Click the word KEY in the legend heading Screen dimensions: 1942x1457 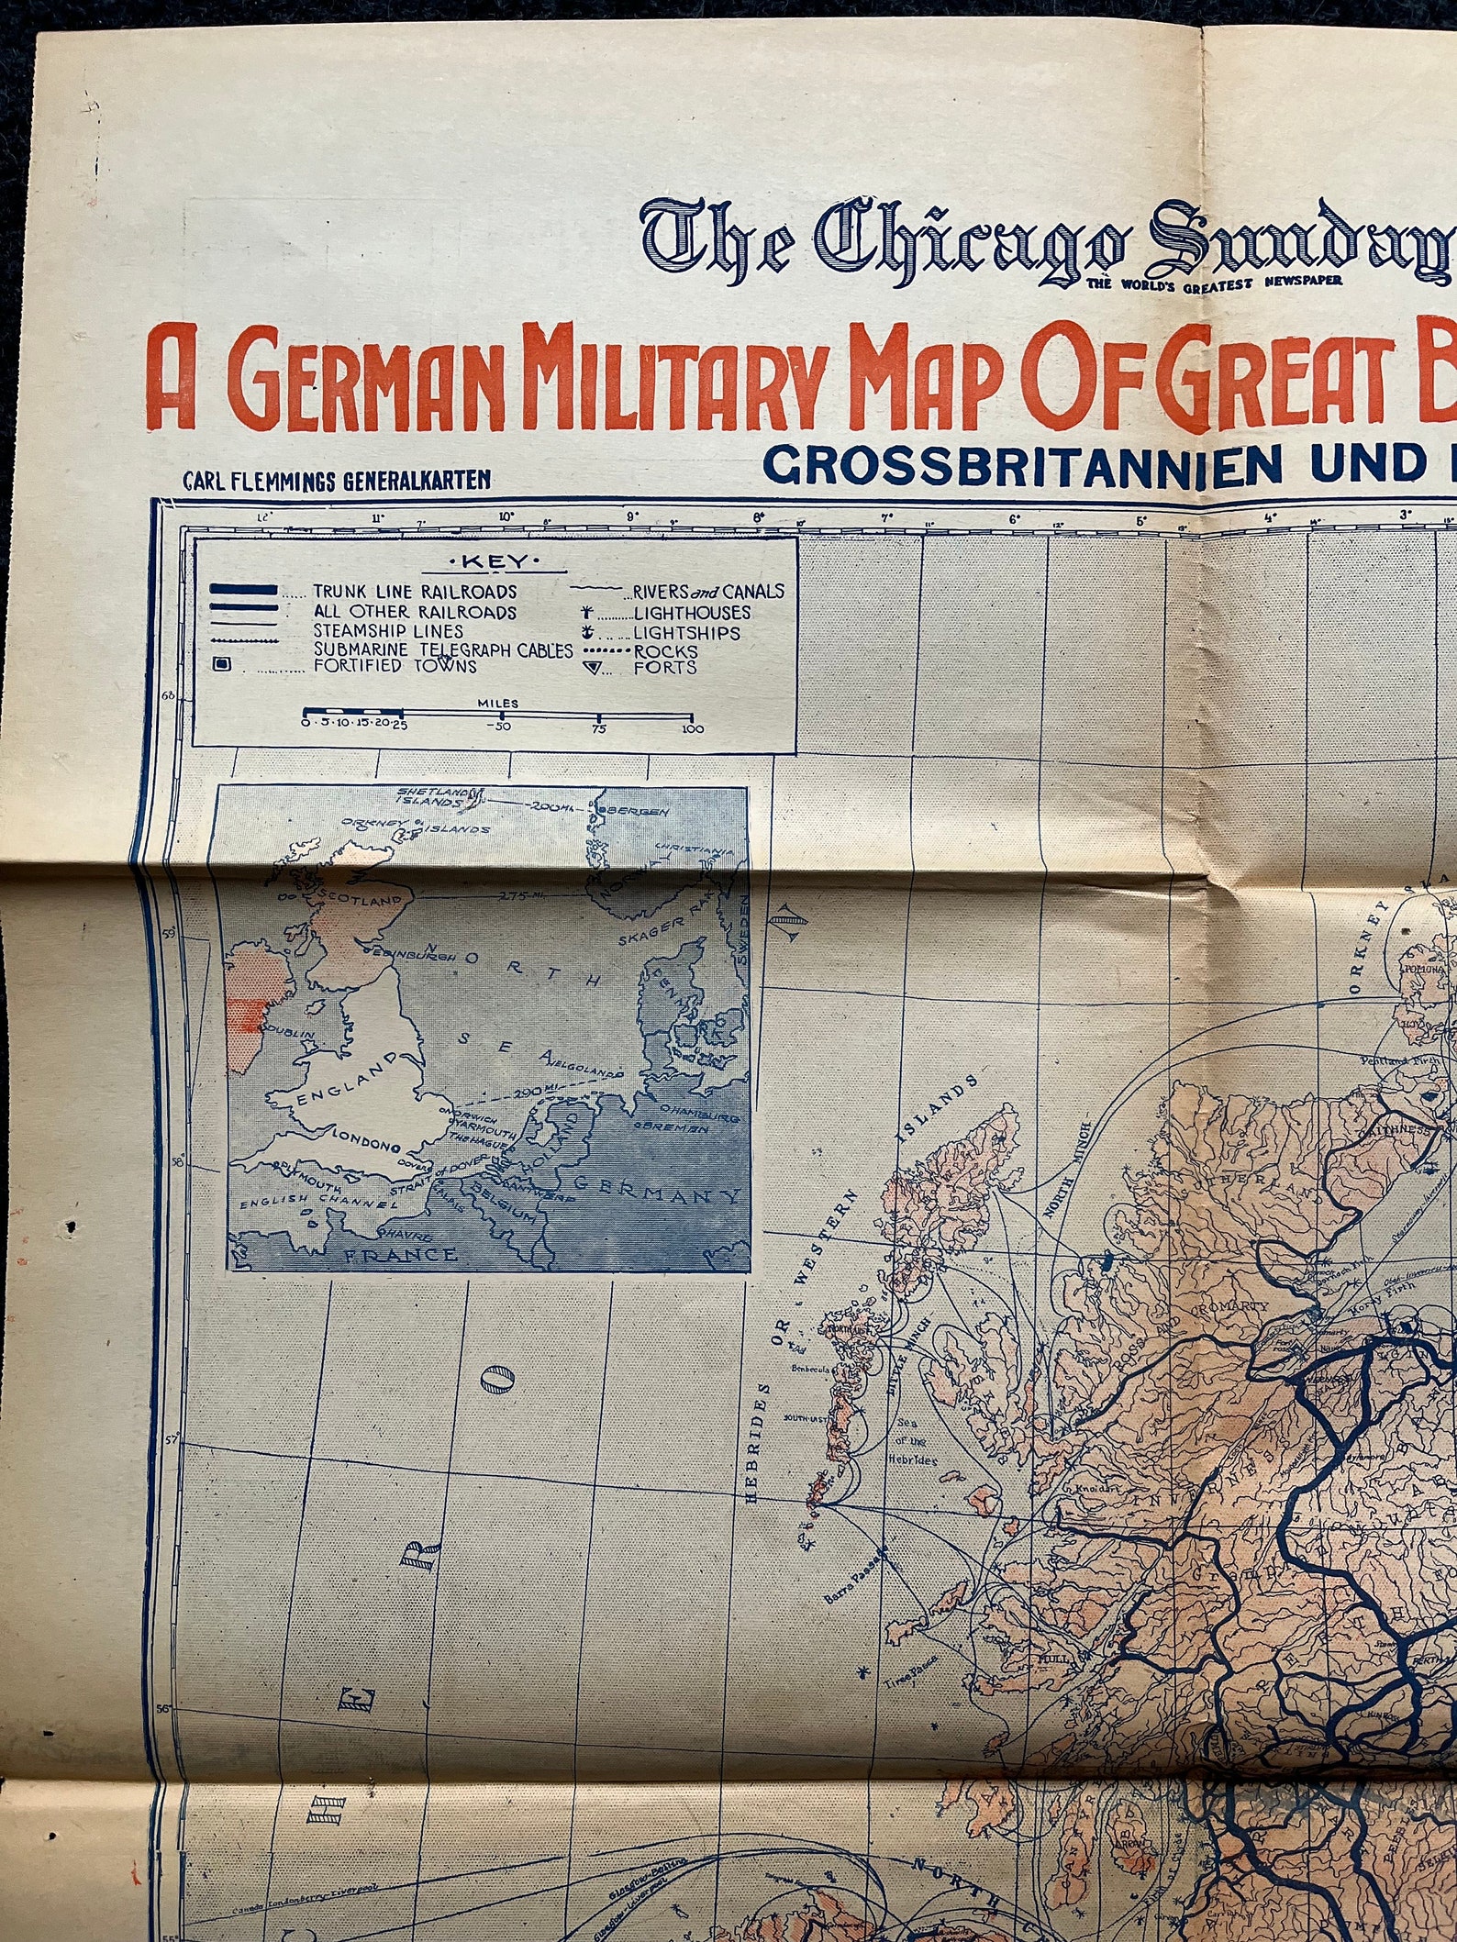coord(492,562)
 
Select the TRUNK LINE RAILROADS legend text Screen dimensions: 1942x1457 coord(415,593)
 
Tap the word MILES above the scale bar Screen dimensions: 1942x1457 coord(497,704)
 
